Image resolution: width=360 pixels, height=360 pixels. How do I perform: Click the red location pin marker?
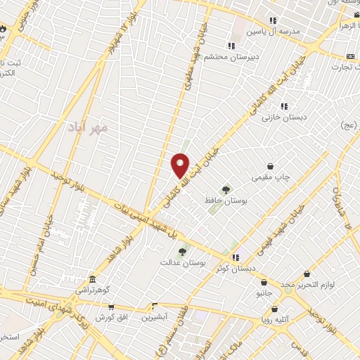pyautogui.click(x=181, y=165)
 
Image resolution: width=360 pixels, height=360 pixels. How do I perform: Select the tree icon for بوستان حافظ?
pyautogui.click(x=226, y=189)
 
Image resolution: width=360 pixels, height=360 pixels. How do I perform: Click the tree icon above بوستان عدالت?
pyautogui.click(x=182, y=250)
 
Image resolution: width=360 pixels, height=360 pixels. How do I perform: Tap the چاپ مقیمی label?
pyautogui.click(x=271, y=177)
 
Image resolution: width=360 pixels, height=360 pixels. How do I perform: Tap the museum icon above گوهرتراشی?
pyautogui.click(x=93, y=279)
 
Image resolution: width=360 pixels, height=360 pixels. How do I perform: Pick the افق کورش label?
pyautogui.click(x=111, y=318)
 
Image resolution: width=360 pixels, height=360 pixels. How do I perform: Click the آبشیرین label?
pyautogui.click(x=155, y=317)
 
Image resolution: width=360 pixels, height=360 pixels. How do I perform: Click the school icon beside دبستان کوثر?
pyautogui.click(x=236, y=257)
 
